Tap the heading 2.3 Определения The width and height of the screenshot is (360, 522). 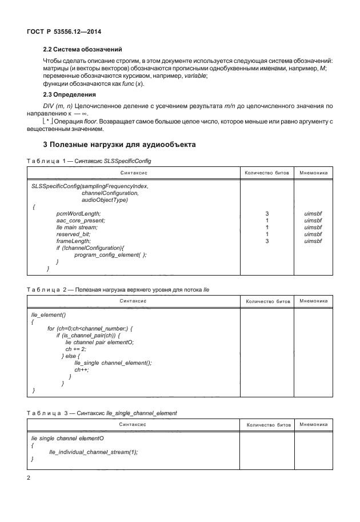tap(70, 94)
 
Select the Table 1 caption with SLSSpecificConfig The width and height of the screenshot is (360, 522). tap(89, 162)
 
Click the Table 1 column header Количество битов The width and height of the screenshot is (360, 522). tap(267, 173)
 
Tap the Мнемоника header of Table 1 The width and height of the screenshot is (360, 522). tap(313, 173)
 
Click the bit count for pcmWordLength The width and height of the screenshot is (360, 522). tap(267, 213)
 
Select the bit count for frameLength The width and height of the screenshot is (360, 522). tap(267, 241)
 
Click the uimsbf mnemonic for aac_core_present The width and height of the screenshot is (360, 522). tap(313, 220)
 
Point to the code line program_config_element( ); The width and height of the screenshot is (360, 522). tap(110, 254)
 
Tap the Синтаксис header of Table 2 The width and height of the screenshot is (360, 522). tap(134, 301)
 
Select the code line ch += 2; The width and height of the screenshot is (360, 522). tap(76, 349)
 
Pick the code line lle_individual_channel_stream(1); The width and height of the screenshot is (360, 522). tap(94, 452)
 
